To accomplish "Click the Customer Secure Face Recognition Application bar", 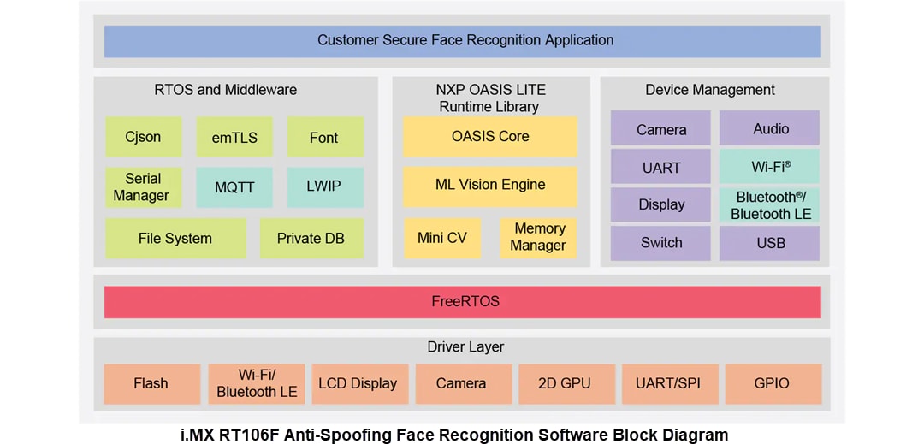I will point(462,40).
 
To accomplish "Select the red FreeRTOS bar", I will point(462,301).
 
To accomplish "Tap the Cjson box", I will point(143,137).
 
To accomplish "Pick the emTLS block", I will point(234,137).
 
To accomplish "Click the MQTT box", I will point(234,187).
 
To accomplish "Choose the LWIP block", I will point(324,187).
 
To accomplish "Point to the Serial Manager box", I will point(143,187).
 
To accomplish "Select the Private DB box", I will point(311,239).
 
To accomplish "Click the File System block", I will point(175,239).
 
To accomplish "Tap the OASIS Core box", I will point(490,136).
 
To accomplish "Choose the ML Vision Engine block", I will point(490,185).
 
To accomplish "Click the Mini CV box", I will point(442,238).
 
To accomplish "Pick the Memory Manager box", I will point(538,238).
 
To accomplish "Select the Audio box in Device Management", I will point(769,128).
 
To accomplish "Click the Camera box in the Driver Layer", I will point(461,383).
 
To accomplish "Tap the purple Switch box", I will point(660,243).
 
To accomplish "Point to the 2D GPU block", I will point(565,383).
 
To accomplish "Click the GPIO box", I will point(772,383).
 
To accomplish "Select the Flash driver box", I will point(151,383).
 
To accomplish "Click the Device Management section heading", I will point(710,90).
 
